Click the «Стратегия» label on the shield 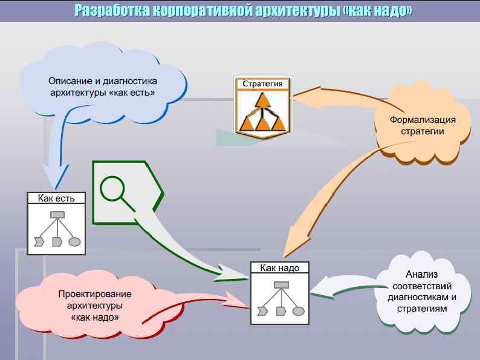[262, 83]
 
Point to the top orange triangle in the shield [262, 100]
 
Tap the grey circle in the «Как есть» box [75, 242]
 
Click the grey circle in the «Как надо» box [298, 312]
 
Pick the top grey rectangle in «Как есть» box [57, 214]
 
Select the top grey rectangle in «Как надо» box [280, 284]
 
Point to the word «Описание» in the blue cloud [68, 81]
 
